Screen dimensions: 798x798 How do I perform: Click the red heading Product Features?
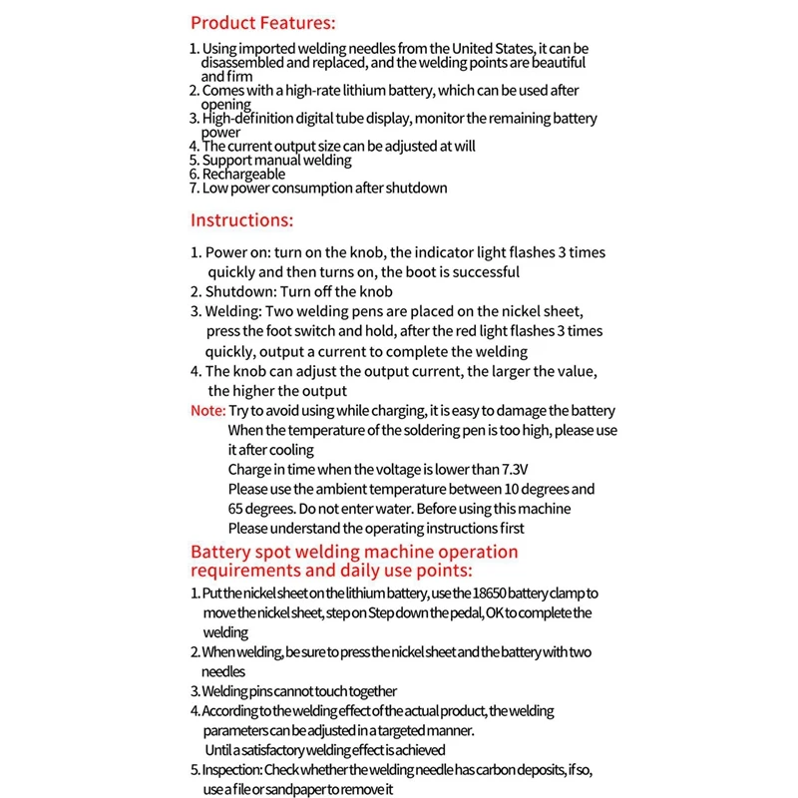coord(262,22)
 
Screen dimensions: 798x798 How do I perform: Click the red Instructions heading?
coord(241,220)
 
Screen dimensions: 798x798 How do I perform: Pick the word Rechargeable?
coord(243,174)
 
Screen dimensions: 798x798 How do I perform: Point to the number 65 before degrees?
coord(236,509)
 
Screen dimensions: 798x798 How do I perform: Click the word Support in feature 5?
coord(227,160)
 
